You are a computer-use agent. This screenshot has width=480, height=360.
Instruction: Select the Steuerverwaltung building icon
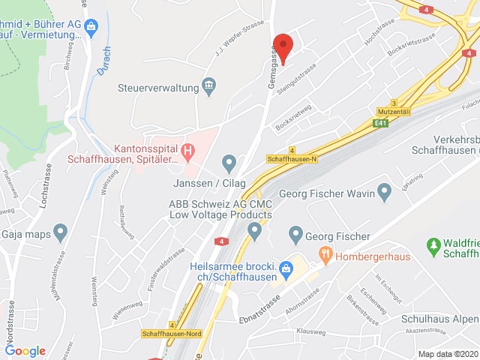point(210,87)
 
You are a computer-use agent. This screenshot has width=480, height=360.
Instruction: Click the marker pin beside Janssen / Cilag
point(229,162)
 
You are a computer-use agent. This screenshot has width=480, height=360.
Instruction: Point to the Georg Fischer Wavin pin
point(385,193)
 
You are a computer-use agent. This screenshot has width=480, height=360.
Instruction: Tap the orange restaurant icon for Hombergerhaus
point(325,255)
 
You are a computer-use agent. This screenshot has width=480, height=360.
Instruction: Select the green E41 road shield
point(382,123)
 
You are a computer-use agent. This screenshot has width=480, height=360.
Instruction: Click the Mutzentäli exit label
point(394,111)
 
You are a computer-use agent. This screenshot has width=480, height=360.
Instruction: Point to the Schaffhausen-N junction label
point(292,158)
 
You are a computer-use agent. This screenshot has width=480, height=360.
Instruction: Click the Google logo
point(25,351)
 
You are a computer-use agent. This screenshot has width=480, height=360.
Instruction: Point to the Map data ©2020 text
point(447,354)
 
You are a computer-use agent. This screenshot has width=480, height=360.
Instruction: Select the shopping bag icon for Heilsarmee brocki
point(286,268)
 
